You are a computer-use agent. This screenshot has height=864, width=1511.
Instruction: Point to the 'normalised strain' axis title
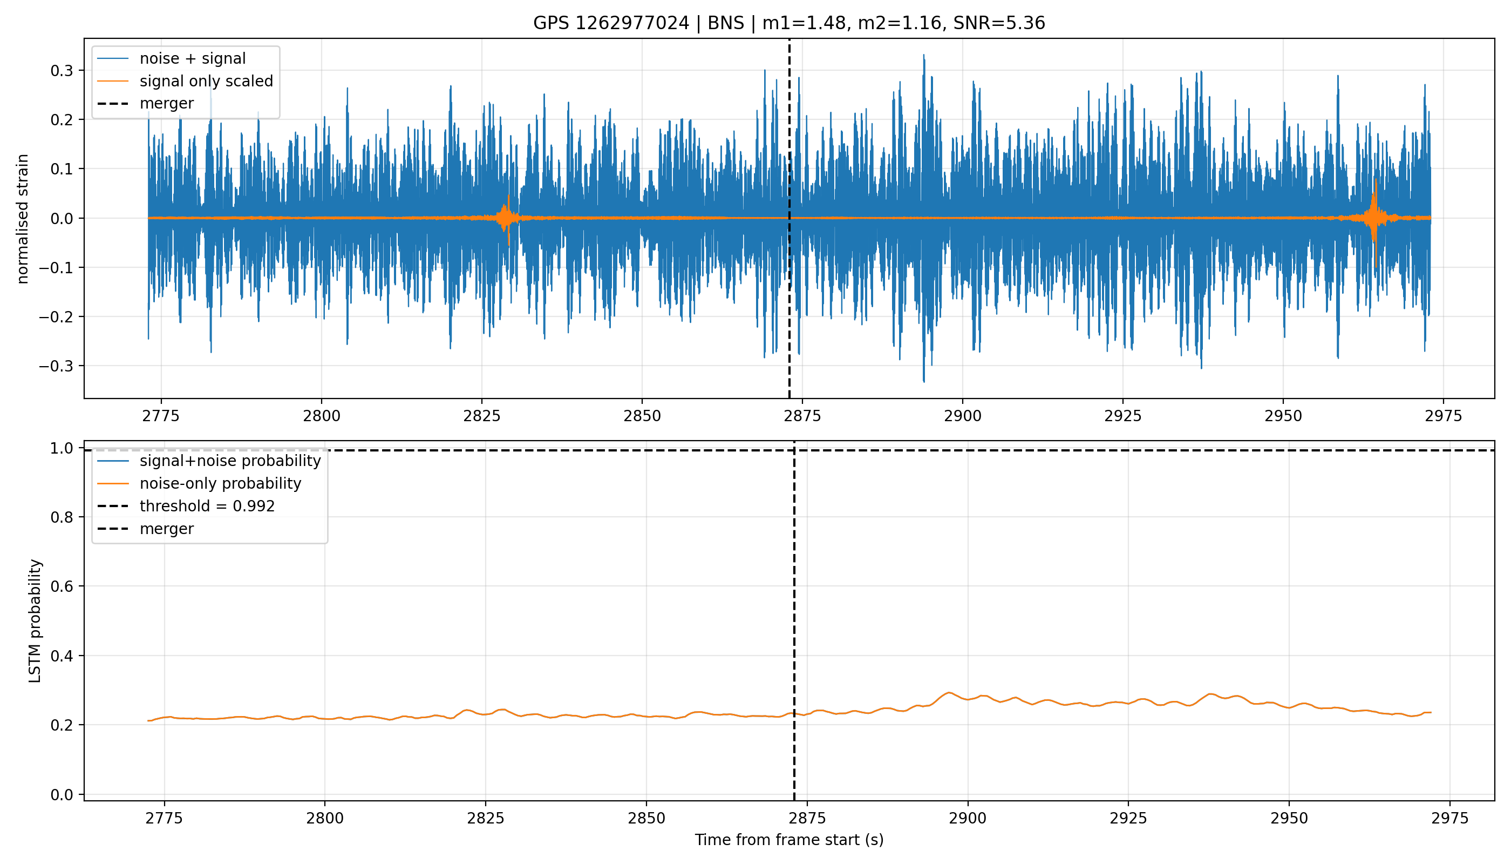click(x=23, y=219)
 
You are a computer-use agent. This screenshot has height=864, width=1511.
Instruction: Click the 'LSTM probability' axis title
click(x=35, y=620)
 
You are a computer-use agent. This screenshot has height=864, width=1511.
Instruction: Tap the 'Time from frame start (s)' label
click(x=789, y=840)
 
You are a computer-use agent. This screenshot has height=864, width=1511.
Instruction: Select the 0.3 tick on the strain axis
click(x=62, y=71)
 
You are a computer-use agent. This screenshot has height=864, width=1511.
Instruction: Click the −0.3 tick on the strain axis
click(x=56, y=366)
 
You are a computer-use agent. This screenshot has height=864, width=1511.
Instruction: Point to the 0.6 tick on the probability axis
click(x=62, y=586)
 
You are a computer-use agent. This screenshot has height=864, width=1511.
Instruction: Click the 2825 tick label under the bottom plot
click(x=485, y=818)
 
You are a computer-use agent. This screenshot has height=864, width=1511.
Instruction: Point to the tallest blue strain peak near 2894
click(x=923, y=55)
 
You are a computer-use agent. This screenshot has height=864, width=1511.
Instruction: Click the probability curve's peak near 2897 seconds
click(x=949, y=692)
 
